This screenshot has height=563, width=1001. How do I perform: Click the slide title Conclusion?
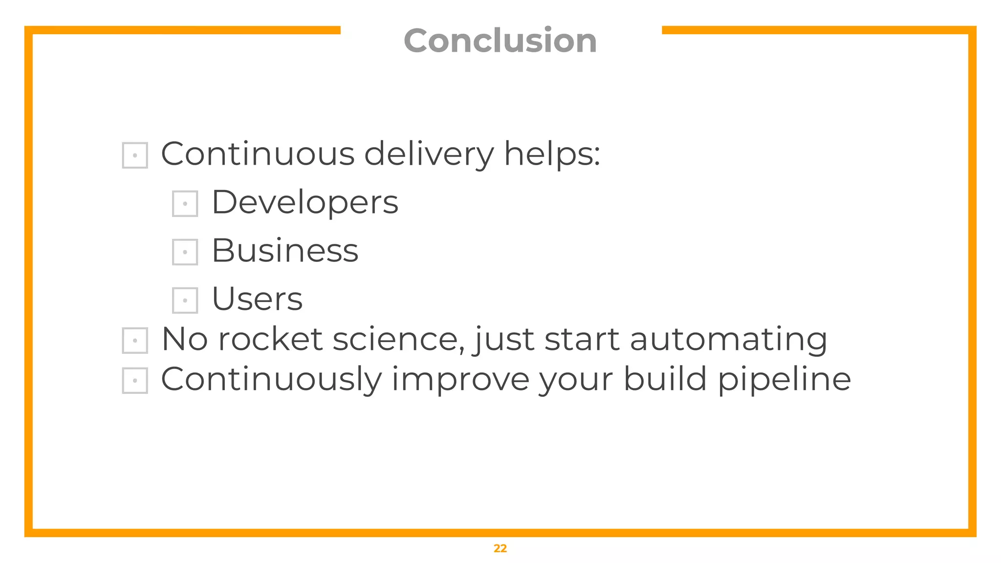coord(500,41)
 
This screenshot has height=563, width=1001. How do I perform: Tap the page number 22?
coord(500,548)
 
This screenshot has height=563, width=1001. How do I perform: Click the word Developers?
coord(305,202)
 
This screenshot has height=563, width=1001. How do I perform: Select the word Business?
coord(285,251)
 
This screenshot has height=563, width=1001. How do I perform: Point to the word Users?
coord(257,299)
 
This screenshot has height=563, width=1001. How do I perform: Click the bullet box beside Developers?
coord(185,203)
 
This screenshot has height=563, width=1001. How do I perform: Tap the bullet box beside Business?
coord(185,252)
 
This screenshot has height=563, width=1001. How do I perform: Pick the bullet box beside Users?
coord(185,300)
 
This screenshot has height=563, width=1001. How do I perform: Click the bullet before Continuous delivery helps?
coord(135,155)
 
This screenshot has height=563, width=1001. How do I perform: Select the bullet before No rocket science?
coord(135,340)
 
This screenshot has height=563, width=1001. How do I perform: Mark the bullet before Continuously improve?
coord(135,380)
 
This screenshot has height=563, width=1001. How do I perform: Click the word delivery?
coord(429,154)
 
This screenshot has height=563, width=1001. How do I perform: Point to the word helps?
coord(552,154)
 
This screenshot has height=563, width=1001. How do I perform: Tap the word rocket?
coord(270,339)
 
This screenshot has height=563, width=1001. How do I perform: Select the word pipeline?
coord(784,380)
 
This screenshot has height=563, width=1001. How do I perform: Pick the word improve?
coord(460,380)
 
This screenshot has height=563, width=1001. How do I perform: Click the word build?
coord(665,379)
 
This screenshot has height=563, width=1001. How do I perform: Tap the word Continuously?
coord(271,380)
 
